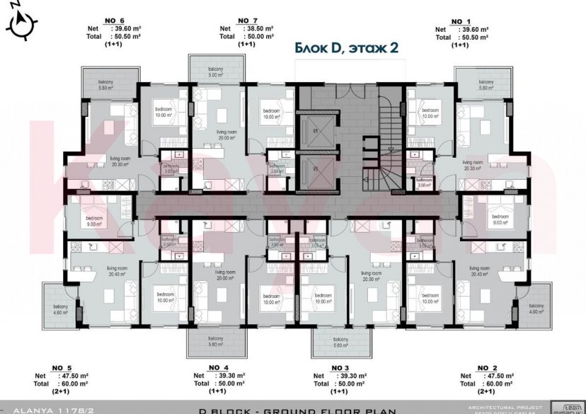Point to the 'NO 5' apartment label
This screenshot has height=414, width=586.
click(62, 368)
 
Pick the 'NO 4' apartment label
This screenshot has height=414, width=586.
click(218, 368)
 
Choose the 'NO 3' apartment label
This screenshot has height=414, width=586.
click(340, 368)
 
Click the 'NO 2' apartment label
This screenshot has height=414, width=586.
click(486, 368)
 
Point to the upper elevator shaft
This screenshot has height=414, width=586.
click(314, 128)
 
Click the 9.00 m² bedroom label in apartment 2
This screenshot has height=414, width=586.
click(500, 220)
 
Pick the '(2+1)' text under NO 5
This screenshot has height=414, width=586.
click(60, 391)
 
